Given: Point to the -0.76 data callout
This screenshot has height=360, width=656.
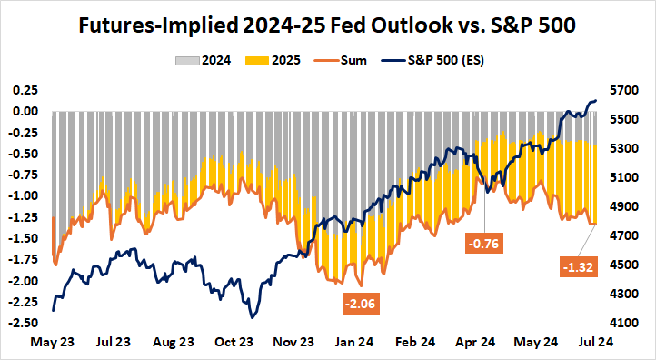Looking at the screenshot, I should point(483,244).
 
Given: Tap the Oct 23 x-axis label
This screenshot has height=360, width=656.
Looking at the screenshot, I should point(234,343).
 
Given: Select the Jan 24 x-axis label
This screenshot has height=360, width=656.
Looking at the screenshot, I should point(354,343).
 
